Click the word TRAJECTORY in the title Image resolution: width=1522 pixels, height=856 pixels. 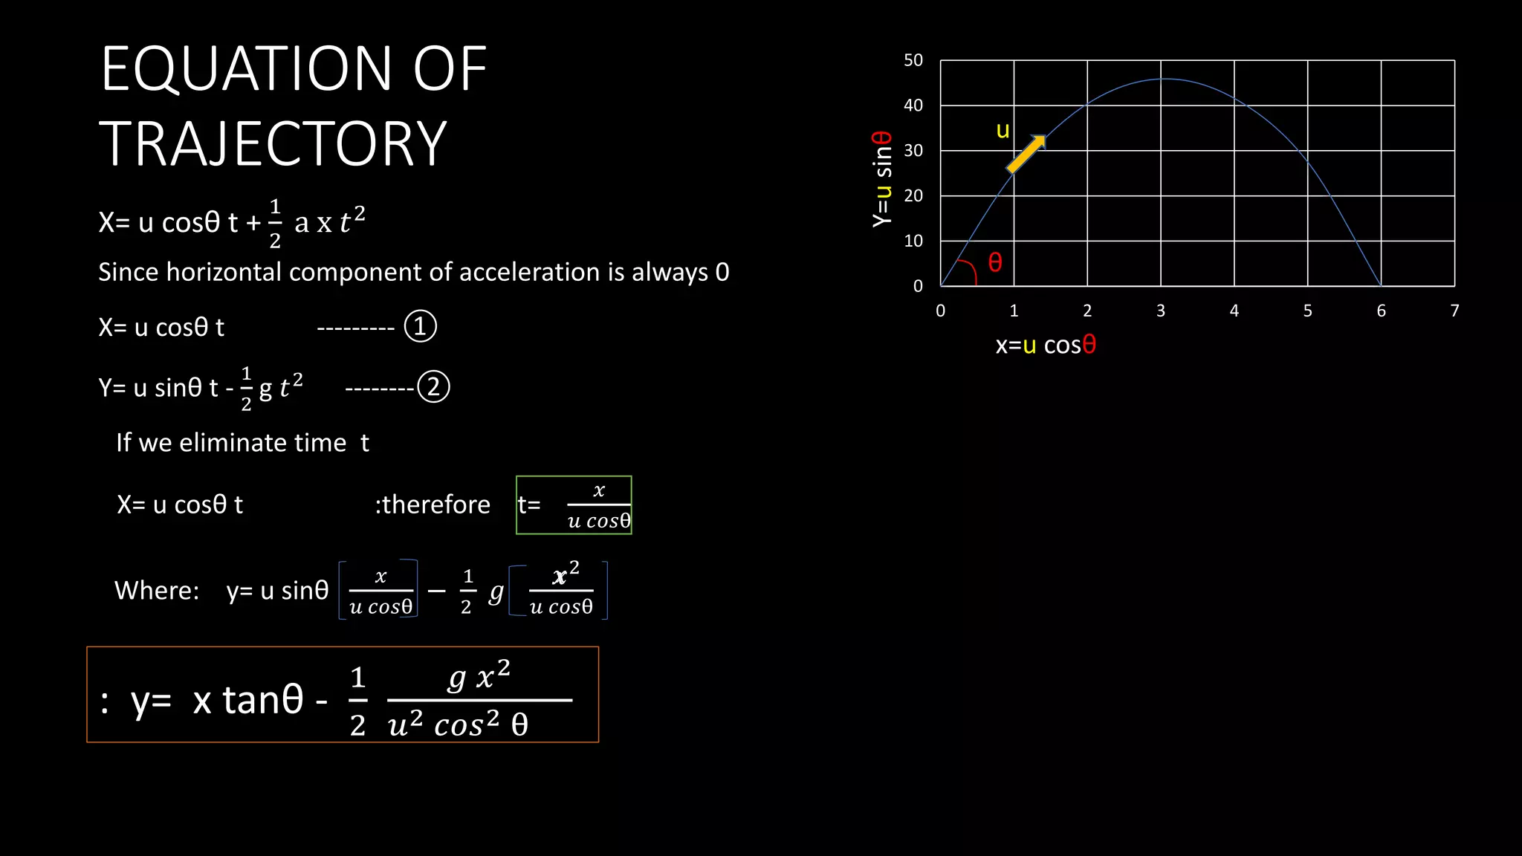[273, 144]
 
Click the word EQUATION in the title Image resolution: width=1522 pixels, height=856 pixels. [246, 69]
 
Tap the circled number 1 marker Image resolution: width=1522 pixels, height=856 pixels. [420, 327]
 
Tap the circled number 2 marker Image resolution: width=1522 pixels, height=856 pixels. [433, 387]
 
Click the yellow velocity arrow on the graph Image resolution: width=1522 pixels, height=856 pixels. [1026, 154]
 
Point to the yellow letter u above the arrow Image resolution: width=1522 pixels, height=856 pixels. [1003, 131]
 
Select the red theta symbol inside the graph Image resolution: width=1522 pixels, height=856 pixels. [995, 262]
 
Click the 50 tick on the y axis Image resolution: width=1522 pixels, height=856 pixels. [913, 60]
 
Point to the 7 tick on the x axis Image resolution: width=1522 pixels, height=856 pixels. [1454, 311]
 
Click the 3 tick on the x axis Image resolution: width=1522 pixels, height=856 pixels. [1161, 311]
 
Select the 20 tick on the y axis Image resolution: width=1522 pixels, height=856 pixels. [913, 195]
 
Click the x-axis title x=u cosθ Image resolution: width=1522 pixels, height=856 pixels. [1046, 345]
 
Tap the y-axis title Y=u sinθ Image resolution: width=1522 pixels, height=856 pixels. [882, 179]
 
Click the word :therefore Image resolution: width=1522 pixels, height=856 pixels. [433, 505]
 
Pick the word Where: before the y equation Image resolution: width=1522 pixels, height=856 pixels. [157, 591]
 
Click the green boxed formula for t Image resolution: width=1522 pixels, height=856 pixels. [574, 505]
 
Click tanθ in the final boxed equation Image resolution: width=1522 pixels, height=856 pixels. [263, 700]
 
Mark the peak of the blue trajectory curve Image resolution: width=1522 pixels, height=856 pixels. [1165, 79]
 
